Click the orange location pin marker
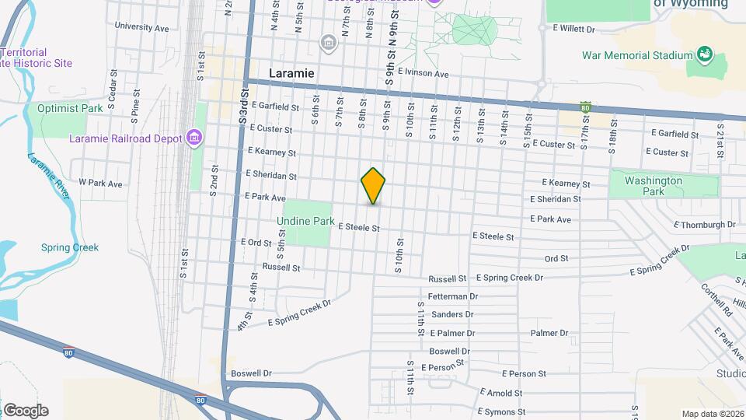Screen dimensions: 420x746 [373, 185]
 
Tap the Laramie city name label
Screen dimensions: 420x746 [291, 72]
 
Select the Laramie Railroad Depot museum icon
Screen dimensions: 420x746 [194, 139]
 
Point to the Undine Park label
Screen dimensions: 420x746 [306, 222]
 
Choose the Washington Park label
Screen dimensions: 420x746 [654, 186]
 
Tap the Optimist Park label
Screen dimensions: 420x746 [70, 109]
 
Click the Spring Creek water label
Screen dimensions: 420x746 [70, 247]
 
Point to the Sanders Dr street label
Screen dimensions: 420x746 [452, 314]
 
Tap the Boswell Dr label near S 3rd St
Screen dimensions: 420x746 [251, 373]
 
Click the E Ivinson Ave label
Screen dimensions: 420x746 [423, 74]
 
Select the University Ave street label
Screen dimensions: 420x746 [141, 26]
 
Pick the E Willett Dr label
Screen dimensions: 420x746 [573, 29]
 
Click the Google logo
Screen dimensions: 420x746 [26, 411]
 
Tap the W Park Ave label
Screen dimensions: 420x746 [100, 184]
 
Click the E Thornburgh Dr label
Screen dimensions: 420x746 [705, 225]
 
